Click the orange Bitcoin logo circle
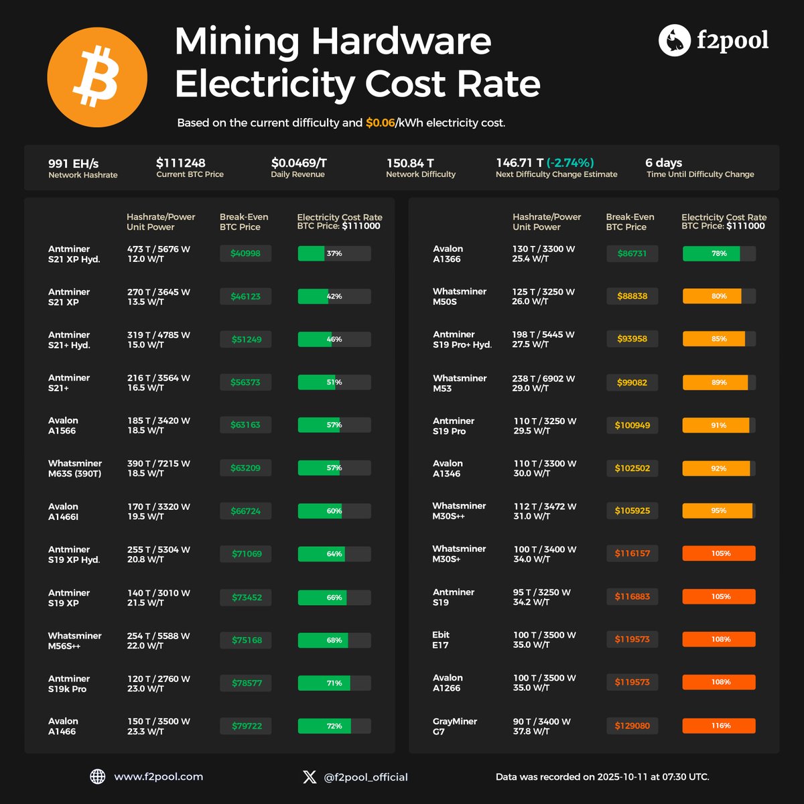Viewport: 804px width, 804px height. [97, 78]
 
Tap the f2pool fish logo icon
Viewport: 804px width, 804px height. [674, 41]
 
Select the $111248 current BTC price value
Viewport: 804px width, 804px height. [181, 163]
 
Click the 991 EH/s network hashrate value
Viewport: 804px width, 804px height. [74, 163]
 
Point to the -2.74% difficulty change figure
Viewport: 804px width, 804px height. [570, 163]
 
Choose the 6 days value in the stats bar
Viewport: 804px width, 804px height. [663, 163]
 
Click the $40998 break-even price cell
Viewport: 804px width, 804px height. [246, 253]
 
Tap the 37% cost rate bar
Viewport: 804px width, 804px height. [334, 253]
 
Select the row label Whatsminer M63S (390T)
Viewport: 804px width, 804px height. [75, 468]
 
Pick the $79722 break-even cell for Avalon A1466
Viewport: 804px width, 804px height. [246, 726]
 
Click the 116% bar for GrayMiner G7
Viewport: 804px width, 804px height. [719, 726]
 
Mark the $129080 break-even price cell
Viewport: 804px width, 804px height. [632, 726]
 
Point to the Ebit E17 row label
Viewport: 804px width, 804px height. [442, 640]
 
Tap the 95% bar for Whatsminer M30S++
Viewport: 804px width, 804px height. [719, 511]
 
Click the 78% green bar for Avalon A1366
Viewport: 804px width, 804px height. [719, 253]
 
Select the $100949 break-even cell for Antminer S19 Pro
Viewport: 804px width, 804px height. [632, 425]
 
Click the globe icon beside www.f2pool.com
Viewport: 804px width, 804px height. [98, 777]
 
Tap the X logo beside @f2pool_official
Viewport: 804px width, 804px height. [310, 777]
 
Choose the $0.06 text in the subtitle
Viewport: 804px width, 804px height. [380, 123]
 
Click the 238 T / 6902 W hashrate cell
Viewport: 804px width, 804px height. [543, 378]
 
